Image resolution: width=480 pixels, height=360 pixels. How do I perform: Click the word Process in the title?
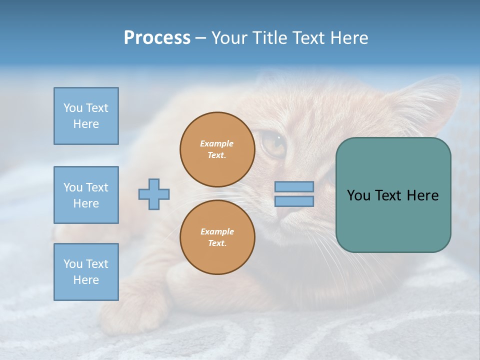[x=157, y=38]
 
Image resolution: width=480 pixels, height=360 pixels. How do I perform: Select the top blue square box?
[x=86, y=116]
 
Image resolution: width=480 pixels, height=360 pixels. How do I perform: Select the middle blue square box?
[x=86, y=195]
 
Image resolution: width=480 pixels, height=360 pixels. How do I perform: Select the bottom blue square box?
[x=86, y=272]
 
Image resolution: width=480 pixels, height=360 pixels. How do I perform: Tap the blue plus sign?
[x=154, y=194]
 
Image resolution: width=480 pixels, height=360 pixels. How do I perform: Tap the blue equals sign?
[x=294, y=194]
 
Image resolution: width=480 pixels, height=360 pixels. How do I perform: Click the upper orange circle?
[x=217, y=149]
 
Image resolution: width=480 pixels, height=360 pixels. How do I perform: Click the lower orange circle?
[x=217, y=237]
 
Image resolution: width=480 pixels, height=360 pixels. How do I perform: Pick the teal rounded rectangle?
[x=393, y=195]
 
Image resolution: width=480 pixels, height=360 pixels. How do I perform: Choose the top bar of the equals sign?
[x=294, y=186]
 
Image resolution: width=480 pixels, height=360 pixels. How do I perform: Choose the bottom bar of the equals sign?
[x=294, y=201]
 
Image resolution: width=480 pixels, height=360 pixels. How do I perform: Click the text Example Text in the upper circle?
[x=217, y=149]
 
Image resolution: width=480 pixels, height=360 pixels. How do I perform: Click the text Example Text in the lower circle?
[x=217, y=237]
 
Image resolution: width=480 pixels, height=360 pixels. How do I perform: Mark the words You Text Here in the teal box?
[x=393, y=195]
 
